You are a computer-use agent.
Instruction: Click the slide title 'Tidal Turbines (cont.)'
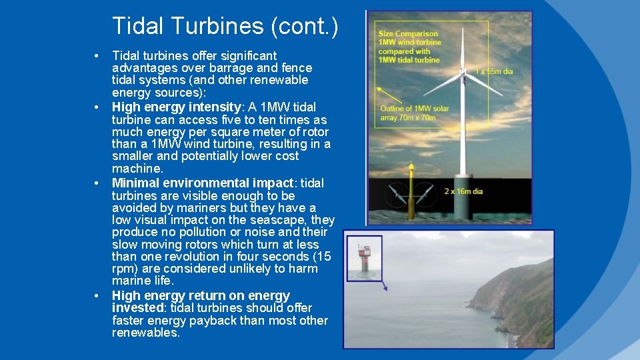click(x=225, y=26)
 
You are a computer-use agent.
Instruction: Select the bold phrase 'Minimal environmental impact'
click(x=202, y=183)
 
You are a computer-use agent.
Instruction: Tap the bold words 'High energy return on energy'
click(x=201, y=295)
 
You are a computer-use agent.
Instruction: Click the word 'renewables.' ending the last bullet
click(x=146, y=333)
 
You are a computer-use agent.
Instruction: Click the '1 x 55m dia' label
click(x=494, y=71)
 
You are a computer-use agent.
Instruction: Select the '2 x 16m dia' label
click(x=463, y=191)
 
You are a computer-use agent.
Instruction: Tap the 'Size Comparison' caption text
click(x=408, y=33)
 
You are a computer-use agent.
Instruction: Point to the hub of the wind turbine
click(x=461, y=72)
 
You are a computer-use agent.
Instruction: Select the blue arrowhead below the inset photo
click(x=385, y=288)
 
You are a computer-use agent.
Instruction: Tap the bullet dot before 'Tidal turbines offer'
click(x=97, y=55)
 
